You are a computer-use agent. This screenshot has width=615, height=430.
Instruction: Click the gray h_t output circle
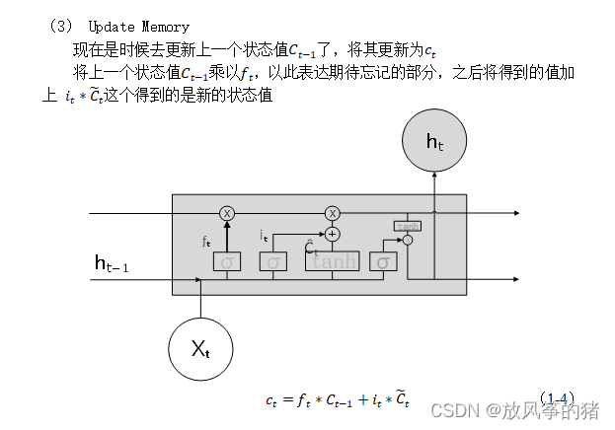tap(435, 142)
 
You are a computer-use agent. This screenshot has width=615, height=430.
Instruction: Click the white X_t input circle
tap(199, 346)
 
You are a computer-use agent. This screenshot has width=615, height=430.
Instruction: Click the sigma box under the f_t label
tap(226, 262)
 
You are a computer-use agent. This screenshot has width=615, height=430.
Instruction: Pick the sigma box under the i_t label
tap(272, 261)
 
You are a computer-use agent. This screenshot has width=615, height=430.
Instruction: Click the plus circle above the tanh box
tap(333, 234)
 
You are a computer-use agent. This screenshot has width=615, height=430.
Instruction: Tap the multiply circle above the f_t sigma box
tap(227, 213)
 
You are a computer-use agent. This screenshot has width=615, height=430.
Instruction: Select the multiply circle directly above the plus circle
tap(333, 213)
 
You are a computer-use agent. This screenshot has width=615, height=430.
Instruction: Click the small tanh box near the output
tap(407, 225)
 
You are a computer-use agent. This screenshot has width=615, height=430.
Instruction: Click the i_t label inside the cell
tap(264, 236)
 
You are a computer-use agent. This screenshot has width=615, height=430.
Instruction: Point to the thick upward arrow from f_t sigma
tap(227, 235)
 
